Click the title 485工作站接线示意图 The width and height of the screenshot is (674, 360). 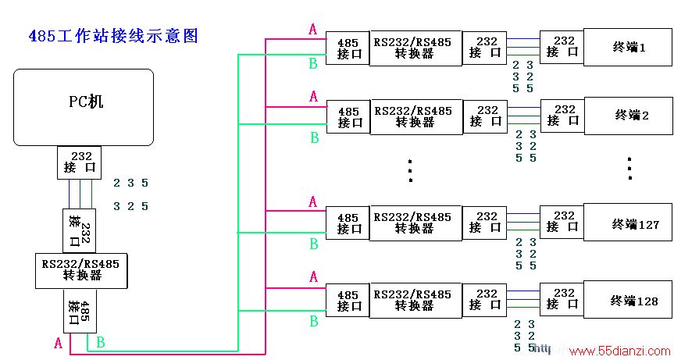[113, 36]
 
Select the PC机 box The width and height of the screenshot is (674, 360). [84, 108]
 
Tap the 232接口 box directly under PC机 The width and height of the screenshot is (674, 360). [80, 162]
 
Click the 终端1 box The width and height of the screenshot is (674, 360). [628, 48]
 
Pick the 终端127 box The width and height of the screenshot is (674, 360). [628, 223]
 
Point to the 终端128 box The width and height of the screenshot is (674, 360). [628, 300]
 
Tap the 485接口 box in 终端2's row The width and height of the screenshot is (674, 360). [348, 117]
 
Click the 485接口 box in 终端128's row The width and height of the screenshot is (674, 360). [348, 301]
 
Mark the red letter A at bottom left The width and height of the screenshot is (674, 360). [59, 344]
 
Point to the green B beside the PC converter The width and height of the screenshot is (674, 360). [101, 342]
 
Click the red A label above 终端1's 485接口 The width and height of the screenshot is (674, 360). [313, 29]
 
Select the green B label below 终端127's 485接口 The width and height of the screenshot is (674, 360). [314, 244]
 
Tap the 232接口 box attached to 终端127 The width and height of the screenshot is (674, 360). [562, 222]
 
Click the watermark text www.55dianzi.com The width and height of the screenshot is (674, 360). [620, 351]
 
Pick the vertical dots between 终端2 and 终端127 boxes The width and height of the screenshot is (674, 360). [629, 169]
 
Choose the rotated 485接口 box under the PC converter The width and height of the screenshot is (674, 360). [80, 311]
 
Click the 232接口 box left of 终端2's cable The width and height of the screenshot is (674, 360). [485, 116]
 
